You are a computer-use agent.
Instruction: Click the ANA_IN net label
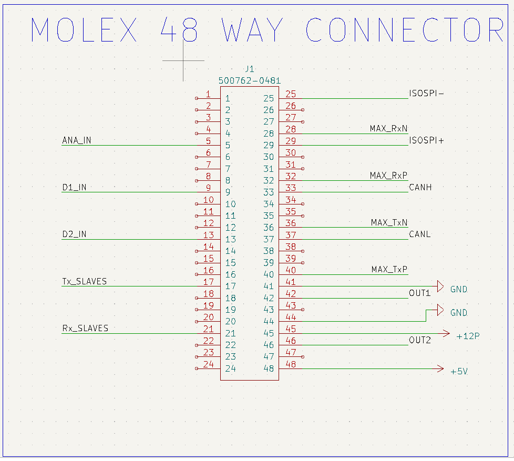pyautogui.click(x=76, y=140)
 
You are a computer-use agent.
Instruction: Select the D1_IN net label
pyautogui.click(x=74, y=188)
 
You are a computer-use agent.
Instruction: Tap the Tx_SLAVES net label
pyautogui.click(x=84, y=281)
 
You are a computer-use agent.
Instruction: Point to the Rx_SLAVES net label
pyautogui.click(x=85, y=328)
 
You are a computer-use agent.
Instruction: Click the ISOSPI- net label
pyautogui.click(x=426, y=94)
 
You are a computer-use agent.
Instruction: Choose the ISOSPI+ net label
pyautogui.click(x=426, y=141)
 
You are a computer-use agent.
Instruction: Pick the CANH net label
pyautogui.click(x=420, y=187)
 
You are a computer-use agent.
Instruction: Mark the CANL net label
pyautogui.click(x=419, y=234)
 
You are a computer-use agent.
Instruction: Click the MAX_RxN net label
pyautogui.click(x=388, y=129)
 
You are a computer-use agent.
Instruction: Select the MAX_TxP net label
pyautogui.click(x=389, y=270)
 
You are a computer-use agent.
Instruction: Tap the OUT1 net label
pyautogui.click(x=419, y=293)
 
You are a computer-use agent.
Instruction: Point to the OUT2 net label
pyautogui.click(x=420, y=340)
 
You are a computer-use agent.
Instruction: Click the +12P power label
pyautogui.click(x=468, y=336)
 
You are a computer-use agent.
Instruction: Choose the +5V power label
pyautogui.click(x=459, y=372)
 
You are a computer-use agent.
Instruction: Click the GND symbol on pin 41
pyautogui.click(x=440, y=286)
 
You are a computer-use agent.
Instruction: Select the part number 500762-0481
pyautogui.click(x=250, y=81)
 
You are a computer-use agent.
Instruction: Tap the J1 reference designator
pyautogui.click(x=250, y=69)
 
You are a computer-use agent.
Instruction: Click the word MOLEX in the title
pyautogui.click(x=84, y=30)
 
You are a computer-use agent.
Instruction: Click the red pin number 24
pyautogui.click(x=208, y=364)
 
